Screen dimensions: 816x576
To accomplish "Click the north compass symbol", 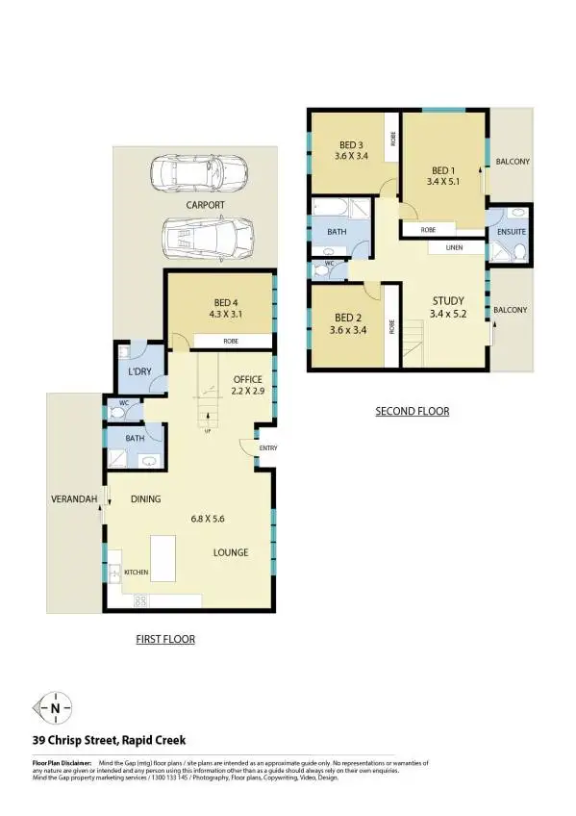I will pyautogui.click(x=54, y=709).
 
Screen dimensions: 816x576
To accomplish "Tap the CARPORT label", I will pyautogui.click(x=206, y=205).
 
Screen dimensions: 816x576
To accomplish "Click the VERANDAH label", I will pyautogui.click(x=72, y=498).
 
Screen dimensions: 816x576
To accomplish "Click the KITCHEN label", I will pyautogui.click(x=136, y=573).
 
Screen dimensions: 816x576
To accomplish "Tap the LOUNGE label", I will pyautogui.click(x=231, y=552).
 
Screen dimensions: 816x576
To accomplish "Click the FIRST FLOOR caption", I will pyautogui.click(x=164, y=639).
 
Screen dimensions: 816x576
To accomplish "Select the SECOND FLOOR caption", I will pyautogui.click(x=412, y=412).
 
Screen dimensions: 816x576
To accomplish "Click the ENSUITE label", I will pyautogui.click(x=509, y=233).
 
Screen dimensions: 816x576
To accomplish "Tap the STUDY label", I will pyautogui.click(x=448, y=299).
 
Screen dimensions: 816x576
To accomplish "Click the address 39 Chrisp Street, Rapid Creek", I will pyautogui.click(x=109, y=740).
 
